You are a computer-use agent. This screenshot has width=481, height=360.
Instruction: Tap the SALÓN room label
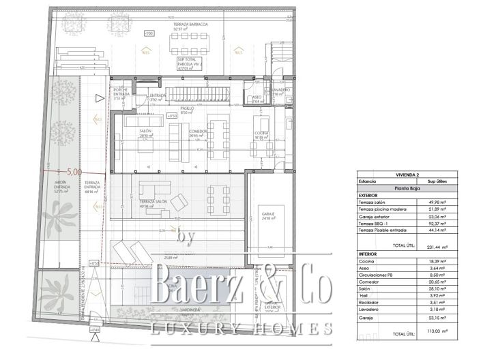[145, 131]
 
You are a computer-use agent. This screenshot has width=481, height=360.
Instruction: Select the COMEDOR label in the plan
[199, 131]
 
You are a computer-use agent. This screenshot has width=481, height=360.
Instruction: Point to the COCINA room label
[262, 133]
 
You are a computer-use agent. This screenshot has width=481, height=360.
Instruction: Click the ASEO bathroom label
[257, 97]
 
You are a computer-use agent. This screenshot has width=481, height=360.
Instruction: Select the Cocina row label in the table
[367, 261]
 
